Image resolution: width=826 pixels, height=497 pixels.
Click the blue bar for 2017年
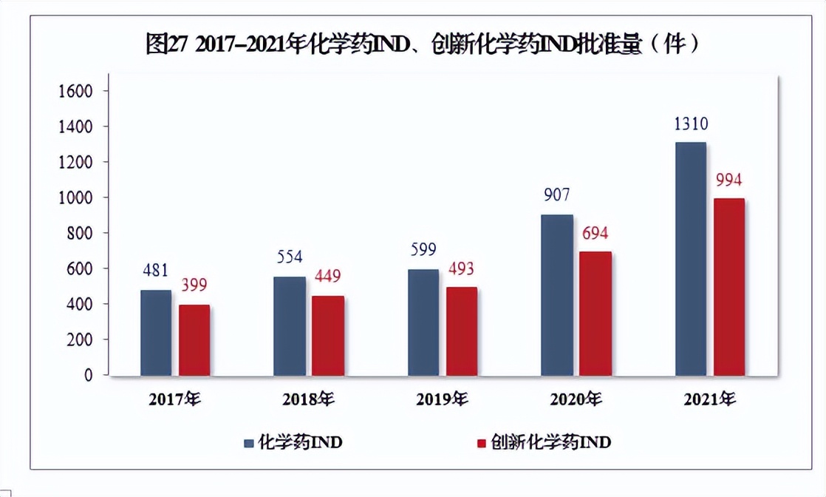[156, 333]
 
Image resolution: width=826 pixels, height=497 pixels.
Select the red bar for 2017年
[194, 340]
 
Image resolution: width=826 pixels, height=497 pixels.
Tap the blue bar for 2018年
[290, 326]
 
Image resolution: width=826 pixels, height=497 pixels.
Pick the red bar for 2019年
[462, 331]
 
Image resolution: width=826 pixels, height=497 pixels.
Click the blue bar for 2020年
[557, 295]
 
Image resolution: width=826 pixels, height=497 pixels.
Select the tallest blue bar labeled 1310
[690, 259]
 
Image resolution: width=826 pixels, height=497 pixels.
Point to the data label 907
[556, 196]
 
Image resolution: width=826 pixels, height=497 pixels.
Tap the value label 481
[156, 271]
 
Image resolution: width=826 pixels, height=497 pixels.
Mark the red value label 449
[328, 277]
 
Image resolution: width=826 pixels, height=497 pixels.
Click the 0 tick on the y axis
[88, 375]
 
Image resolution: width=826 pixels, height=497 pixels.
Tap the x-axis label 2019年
[442, 400]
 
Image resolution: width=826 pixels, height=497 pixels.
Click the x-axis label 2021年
[709, 400]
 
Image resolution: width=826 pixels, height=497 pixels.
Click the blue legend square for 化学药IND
[249, 443]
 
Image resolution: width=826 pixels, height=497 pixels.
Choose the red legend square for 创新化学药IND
[482, 443]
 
